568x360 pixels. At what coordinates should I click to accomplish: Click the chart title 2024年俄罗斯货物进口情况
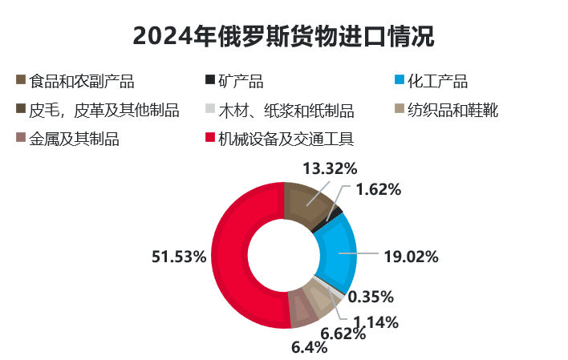coord(283,36)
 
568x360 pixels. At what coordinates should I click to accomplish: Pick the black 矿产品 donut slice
coord(335,212)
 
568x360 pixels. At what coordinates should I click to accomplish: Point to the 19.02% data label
coord(411,257)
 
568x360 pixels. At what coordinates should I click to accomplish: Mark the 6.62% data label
coord(343,334)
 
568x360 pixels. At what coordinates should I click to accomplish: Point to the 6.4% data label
coord(310,347)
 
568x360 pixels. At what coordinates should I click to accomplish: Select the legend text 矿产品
coord(241,81)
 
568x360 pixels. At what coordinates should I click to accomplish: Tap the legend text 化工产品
coord(437,81)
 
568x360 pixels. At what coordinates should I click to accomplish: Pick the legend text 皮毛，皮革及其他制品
coord(103,110)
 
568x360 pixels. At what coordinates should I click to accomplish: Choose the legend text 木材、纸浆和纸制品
coord(286,110)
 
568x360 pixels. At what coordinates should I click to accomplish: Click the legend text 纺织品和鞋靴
coord(452,110)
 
